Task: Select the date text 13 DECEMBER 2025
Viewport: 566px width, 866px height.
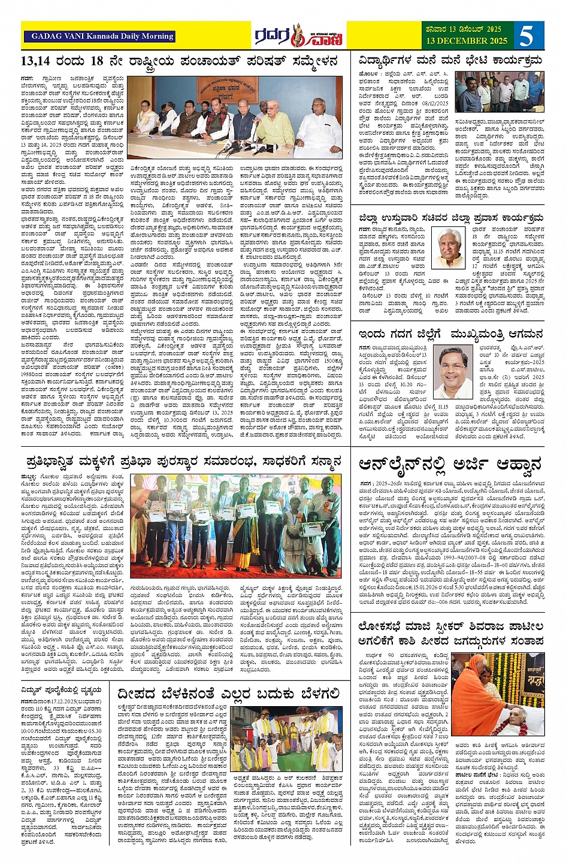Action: [x=467, y=41]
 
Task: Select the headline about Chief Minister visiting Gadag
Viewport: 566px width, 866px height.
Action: [x=450, y=334]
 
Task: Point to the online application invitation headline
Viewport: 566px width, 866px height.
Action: [x=450, y=464]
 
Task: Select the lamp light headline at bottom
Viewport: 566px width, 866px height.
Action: [x=229, y=694]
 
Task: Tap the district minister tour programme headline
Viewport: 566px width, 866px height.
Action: [x=450, y=217]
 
